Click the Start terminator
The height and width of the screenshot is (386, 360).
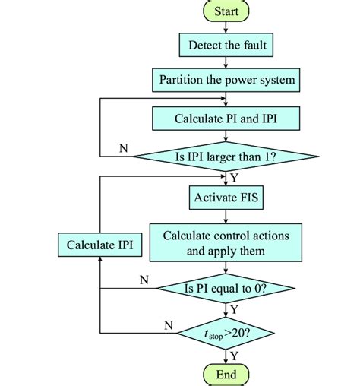click(x=226, y=11)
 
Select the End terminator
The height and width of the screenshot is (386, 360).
click(x=226, y=374)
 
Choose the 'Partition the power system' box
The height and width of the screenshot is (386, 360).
click(x=226, y=80)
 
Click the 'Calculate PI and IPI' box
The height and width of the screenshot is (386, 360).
click(x=226, y=119)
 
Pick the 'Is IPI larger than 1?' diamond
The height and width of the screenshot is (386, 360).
click(x=226, y=157)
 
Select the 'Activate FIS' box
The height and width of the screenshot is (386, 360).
click(x=226, y=198)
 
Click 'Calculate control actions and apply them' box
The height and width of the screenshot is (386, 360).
click(x=226, y=242)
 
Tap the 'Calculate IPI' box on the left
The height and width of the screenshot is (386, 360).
click(x=99, y=245)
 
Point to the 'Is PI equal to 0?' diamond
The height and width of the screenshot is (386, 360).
click(x=226, y=289)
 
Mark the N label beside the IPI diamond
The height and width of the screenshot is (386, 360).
click(x=123, y=148)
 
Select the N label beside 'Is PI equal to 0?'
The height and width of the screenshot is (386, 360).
click(x=144, y=280)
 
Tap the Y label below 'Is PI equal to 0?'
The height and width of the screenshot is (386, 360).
click(x=234, y=309)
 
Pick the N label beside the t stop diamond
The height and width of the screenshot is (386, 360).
click(x=168, y=324)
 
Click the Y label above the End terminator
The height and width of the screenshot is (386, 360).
click(x=234, y=353)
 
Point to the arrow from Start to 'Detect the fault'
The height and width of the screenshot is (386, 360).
click(x=226, y=28)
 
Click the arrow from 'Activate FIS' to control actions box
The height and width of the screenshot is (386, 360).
click(x=226, y=216)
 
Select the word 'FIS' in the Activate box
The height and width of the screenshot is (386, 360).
click(x=244, y=198)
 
